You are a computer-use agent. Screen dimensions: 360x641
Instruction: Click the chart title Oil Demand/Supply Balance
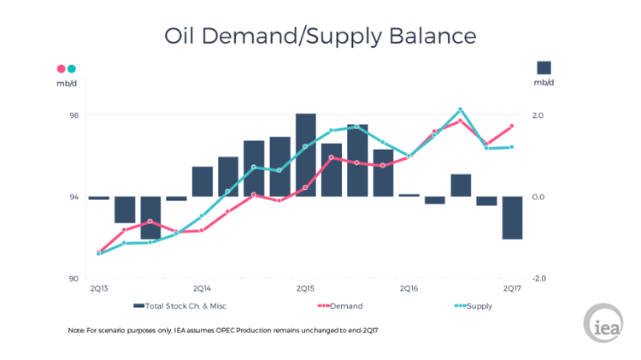coord(320,36)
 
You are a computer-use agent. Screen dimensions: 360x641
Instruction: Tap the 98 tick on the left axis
coord(74,115)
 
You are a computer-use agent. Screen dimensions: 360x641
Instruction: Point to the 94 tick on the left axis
coord(74,197)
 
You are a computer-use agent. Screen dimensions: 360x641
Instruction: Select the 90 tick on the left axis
coord(74,279)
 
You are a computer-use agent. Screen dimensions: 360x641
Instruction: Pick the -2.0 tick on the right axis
coord(538,279)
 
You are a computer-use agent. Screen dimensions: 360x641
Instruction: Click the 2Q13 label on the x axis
coord(99,289)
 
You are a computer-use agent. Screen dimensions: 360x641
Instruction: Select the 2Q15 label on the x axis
coord(306,289)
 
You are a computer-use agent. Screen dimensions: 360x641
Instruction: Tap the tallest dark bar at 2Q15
coord(306,155)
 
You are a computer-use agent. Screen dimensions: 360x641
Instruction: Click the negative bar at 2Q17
coord(513,217)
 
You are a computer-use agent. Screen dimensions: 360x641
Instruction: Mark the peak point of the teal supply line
coord(461,109)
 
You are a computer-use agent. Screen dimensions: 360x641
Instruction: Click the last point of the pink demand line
coord(512,126)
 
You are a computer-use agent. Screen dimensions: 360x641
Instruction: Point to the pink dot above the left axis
coord(61,68)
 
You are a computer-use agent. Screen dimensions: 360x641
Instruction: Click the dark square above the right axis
coord(544,68)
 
